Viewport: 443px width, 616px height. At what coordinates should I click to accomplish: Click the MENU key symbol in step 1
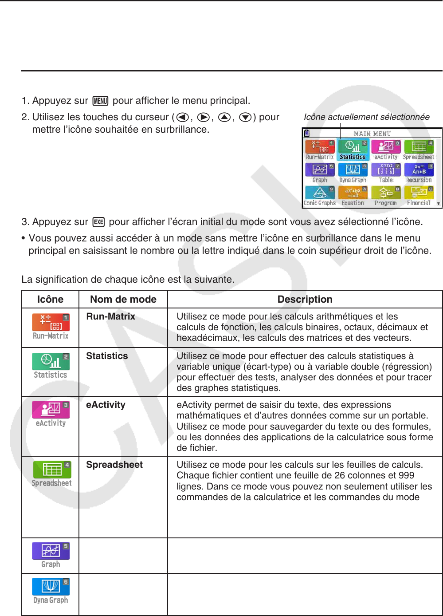pyautogui.click(x=100, y=101)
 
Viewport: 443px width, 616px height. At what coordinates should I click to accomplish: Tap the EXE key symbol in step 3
pyautogui.click(x=98, y=222)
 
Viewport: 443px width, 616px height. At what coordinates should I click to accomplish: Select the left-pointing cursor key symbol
pyautogui.click(x=182, y=117)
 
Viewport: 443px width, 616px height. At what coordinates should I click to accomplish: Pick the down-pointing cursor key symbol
pyautogui.click(x=245, y=117)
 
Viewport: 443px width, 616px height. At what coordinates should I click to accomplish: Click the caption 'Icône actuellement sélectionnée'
pyautogui.click(x=366, y=117)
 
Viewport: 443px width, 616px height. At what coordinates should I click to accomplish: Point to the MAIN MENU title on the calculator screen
pyautogui.click(x=372, y=134)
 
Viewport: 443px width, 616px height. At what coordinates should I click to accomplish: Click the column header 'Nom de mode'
pyautogui.click(x=123, y=299)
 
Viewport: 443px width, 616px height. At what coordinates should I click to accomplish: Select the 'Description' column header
pyautogui.click(x=305, y=299)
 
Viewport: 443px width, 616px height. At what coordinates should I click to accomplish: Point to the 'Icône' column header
pyautogui.click(x=50, y=299)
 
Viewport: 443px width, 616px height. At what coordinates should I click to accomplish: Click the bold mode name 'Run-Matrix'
pyautogui.click(x=111, y=316)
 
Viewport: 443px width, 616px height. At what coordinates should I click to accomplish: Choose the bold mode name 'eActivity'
pyautogui.click(x=106, y=405)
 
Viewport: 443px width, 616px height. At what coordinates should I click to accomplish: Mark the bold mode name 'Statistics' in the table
pyautogui.click(x=107, y=356)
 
